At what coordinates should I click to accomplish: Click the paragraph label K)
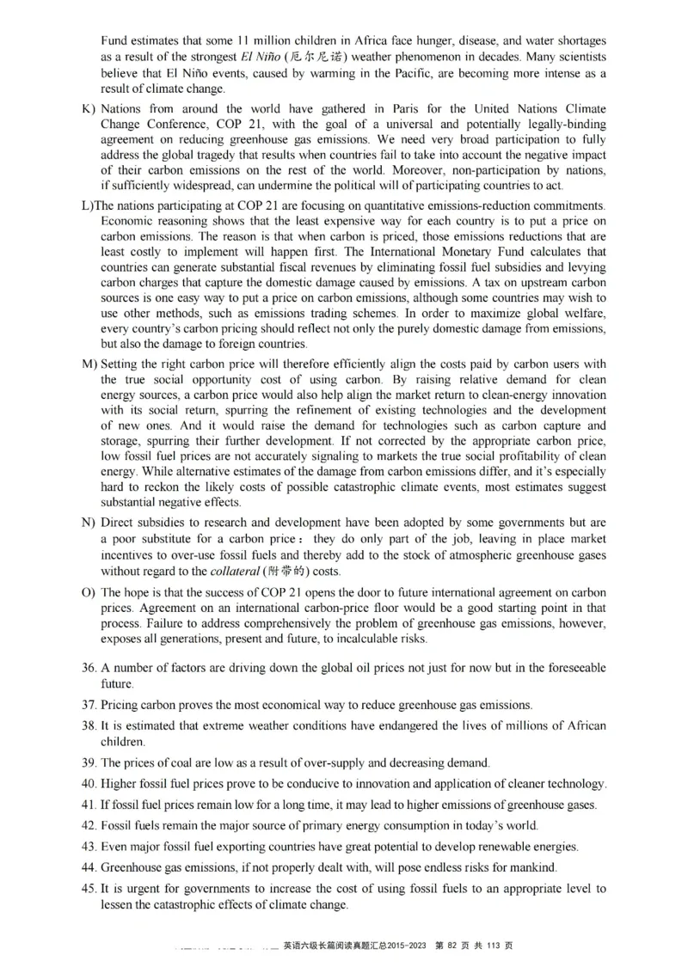pos(87,109)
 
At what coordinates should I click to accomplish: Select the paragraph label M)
pos(88,364)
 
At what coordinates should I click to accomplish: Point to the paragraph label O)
pos(88,593)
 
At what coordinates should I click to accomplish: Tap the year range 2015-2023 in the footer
pos(398,945)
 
